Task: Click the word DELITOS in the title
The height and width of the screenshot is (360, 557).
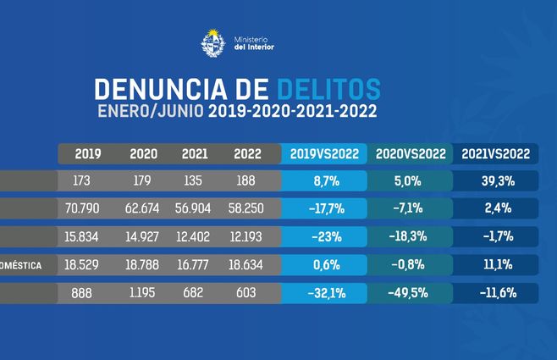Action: [x=328, y=89]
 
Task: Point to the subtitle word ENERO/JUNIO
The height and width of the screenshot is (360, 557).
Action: [x=149, y=111]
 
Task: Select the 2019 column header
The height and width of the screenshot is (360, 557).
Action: [x=88, y=153]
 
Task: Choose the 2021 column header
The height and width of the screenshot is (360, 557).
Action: [x=195, y=153]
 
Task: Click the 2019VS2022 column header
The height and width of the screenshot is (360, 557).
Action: [x=326, y=153]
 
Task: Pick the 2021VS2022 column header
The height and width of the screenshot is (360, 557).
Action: [x=495, y=153]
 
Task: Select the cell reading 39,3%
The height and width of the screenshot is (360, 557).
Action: [x=495, y=180]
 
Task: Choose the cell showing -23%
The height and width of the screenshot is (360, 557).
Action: [x=326, y=236]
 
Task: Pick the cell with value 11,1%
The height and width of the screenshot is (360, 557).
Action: [x=495, y=265]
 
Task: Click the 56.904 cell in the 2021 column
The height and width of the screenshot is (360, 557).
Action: [x=195, y=208]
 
